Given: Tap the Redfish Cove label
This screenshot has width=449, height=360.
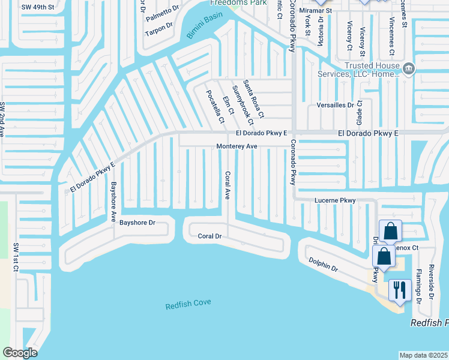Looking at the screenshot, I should coord(188,303).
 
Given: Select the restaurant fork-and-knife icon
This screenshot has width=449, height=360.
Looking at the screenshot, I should coord(398,290).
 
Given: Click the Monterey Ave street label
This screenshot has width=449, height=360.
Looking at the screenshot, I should coord(237,146).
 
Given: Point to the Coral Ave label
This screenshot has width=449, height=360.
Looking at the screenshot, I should coord(228,185).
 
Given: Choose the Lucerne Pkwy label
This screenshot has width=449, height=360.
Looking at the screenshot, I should coord(336,200).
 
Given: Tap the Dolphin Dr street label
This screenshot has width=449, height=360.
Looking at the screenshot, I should coord(324,265).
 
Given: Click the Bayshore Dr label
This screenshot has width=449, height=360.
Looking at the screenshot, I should coord(137,223).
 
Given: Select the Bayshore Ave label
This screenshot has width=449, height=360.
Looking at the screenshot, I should coord(112,202).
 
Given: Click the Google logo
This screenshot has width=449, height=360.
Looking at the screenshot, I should coord(20,353).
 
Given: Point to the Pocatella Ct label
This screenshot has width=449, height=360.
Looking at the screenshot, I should coord(215,107).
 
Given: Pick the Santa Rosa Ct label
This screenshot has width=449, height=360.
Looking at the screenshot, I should coord(253,98).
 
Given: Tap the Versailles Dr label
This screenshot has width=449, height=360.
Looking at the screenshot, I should coord(335,105).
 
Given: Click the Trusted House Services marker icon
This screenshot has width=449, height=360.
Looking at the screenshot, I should coord(408,69).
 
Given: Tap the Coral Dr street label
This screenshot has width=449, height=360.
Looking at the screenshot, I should coord(210,236).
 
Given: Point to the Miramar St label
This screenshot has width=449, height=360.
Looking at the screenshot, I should coord(318,10).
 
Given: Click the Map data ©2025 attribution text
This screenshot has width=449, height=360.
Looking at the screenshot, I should coord(423,355).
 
